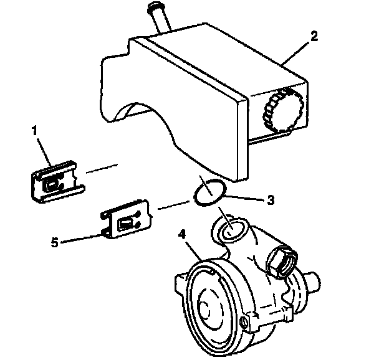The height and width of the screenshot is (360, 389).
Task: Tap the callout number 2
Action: (314, 36)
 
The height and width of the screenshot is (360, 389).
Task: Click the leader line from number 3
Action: (244, 198)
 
